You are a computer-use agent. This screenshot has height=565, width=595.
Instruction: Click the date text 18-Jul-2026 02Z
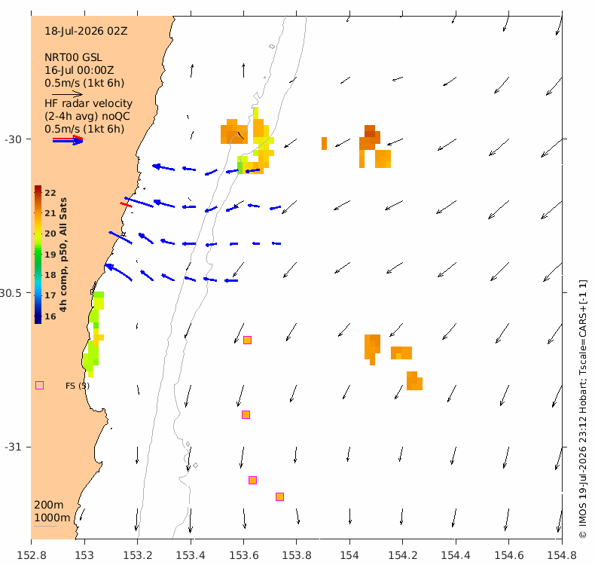(x=86, y=31)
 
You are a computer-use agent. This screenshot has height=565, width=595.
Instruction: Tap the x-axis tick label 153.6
(x=243, y=555)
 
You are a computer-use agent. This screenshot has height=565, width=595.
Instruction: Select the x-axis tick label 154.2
(x=403, y=555)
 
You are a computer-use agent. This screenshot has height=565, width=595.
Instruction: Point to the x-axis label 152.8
(x=32, y=555)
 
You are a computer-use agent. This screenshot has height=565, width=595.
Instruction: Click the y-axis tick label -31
(x=13, y=447)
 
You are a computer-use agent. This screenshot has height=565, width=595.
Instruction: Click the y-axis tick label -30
(x=13, y=139)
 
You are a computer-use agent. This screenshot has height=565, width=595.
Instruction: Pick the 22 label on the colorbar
(x=50, y=193)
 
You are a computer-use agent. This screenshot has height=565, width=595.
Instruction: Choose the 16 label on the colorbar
(x=50, y=316)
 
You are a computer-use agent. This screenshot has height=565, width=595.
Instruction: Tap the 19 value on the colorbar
(x=50, y=255)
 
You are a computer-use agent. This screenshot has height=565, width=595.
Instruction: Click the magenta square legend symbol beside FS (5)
(x=39, y=386)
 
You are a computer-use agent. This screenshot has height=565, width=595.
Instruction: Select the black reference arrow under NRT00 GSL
(x=67, y=94)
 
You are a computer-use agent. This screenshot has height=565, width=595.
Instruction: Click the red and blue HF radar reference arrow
(x=68, y=140)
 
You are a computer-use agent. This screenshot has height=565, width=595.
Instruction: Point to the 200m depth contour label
(x=48, y=505)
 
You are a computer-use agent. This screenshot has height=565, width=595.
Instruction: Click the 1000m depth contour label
(x=52, y=518)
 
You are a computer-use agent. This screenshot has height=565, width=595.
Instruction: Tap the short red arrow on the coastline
(x=126, y=205)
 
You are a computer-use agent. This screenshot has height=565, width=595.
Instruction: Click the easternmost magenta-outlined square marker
(x=279, y=496)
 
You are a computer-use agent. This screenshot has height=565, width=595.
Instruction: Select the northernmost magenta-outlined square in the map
(x=247, y=340)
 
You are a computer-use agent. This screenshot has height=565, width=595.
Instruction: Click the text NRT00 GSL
(x=73, y=58)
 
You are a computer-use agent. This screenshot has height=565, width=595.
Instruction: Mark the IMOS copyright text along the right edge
(x=583, y=409)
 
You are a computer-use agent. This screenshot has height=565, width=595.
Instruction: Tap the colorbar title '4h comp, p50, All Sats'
(x=63, y=255)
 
